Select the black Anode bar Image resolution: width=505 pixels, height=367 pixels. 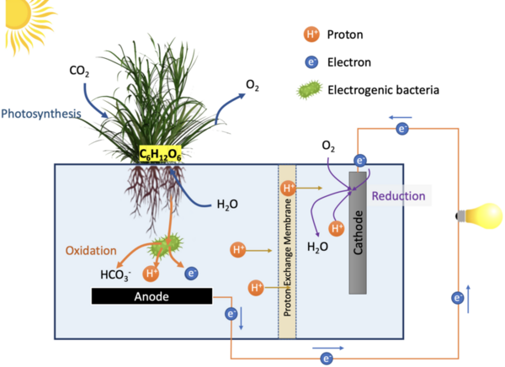click(x=151, y=296)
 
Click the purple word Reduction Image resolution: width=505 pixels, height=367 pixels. click(x=398, y=196)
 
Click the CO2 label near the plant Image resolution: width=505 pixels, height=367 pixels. click(x=79, y=72)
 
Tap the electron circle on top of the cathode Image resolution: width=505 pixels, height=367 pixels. click(x=360, y=160)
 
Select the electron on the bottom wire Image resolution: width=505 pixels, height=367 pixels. click(x=326, y=358)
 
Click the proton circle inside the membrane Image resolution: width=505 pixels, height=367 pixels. click(x=289, y=188)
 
